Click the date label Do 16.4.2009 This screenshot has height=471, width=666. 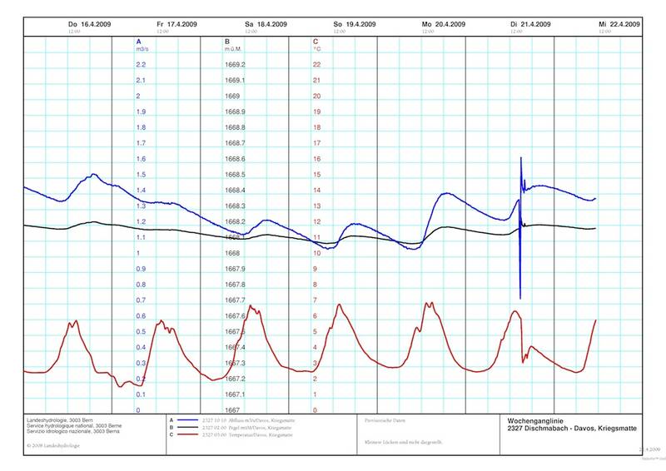pos(89,25)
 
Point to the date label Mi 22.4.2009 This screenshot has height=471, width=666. pos(619,25)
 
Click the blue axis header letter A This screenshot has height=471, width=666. pos(138,41)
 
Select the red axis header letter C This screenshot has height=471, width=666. pos(315,41)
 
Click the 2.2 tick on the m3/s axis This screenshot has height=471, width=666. pos(141,65)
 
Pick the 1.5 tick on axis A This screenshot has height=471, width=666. pos(141,175)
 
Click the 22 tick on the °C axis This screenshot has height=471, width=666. pos(316,65)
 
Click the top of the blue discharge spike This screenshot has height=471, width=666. pos(521,157)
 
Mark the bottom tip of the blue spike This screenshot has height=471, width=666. pos(520,297)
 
